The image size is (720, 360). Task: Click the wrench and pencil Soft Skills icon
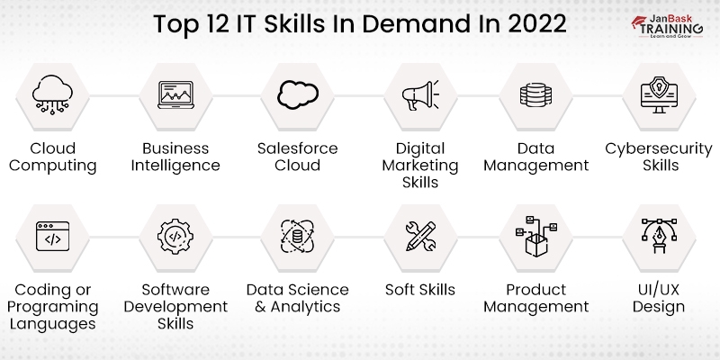coord(419,237)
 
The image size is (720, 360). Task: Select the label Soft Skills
coord(419,290)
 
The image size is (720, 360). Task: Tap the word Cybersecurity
coord(658,148)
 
